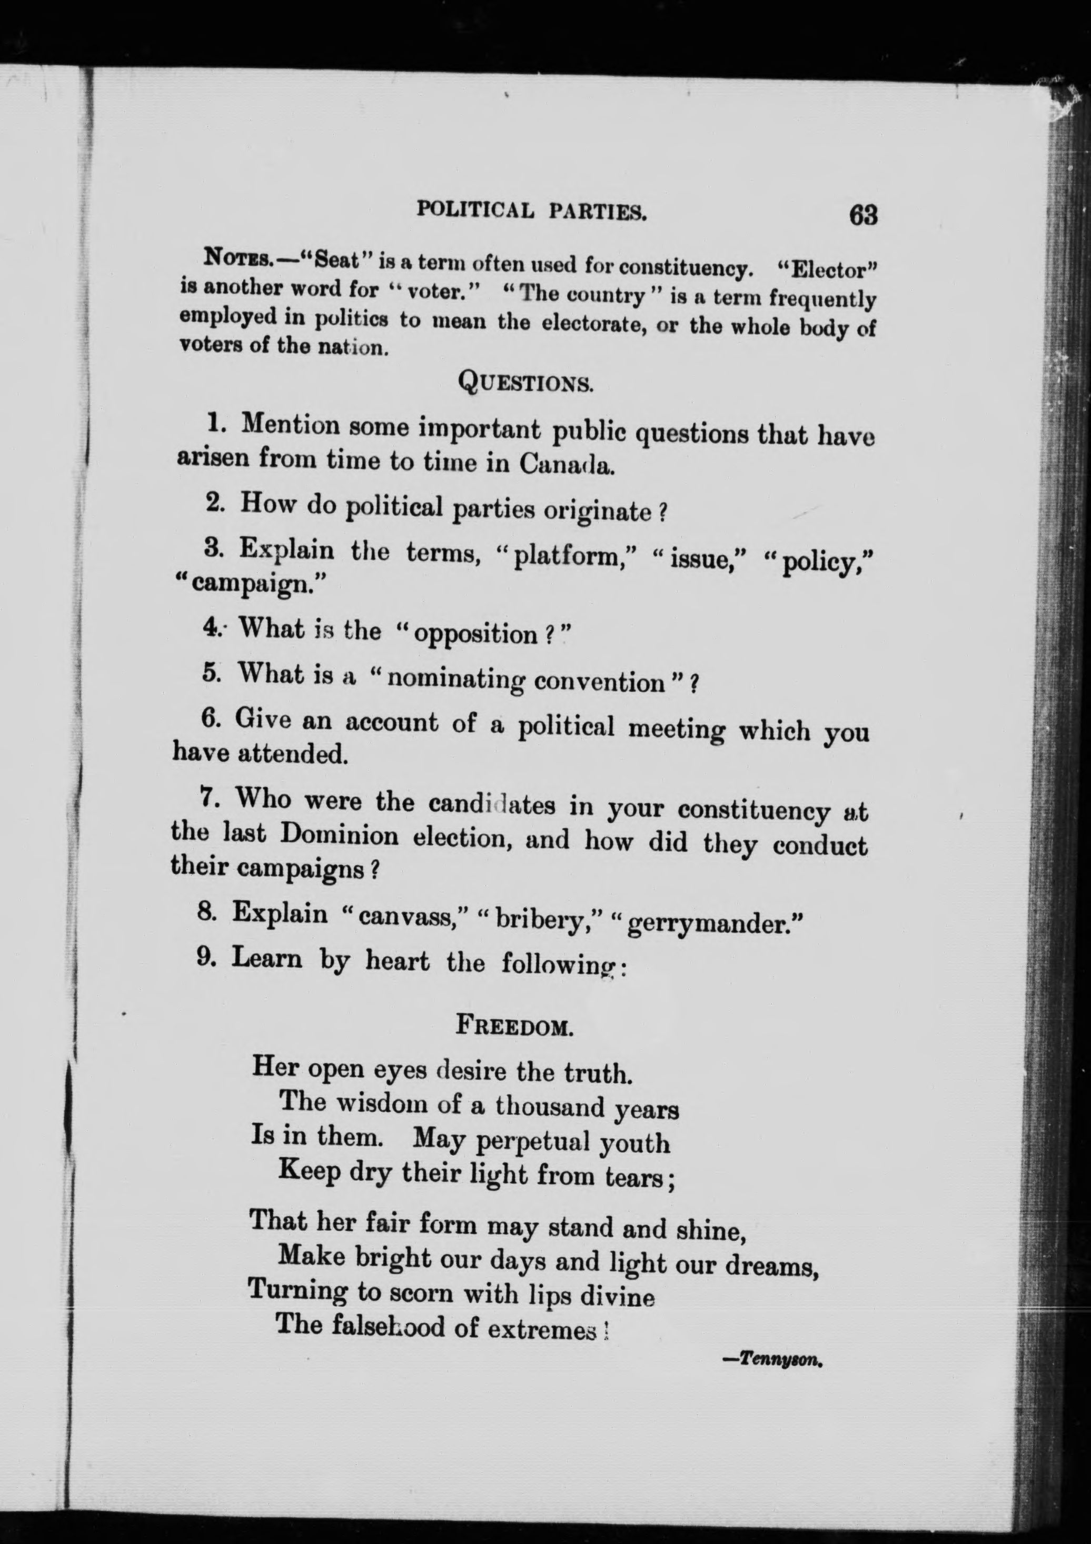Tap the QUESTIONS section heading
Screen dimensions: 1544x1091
(x=525, y=383)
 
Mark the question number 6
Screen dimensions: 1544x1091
(x=209, y=719)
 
